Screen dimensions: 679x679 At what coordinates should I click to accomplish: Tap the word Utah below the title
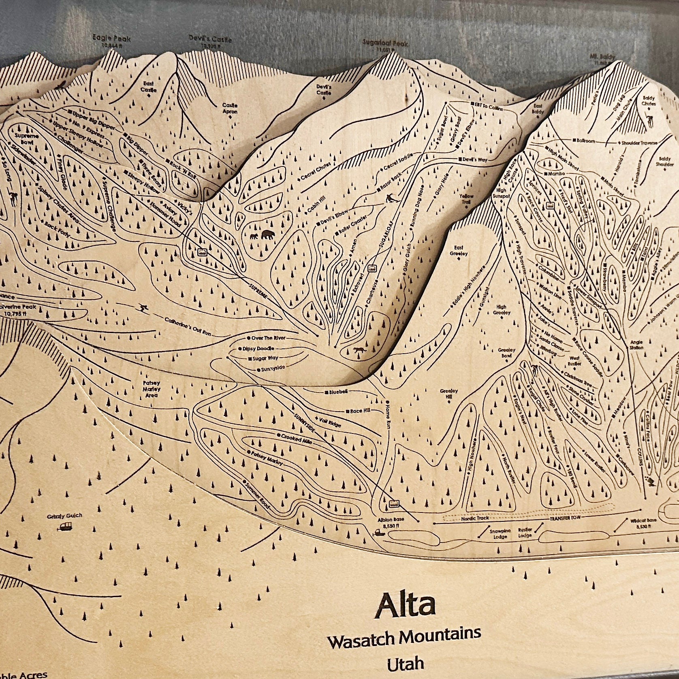tap(405, 664)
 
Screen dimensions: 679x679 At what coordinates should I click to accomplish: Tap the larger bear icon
tap(267, 235)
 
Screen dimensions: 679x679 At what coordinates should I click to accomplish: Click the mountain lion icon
tap(359, 350)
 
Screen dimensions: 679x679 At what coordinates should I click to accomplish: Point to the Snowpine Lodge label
tap(500, 534)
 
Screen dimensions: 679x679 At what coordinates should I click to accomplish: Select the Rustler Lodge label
tap(525, 532)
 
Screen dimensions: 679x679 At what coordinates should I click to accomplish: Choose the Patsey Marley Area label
tap(152, 389)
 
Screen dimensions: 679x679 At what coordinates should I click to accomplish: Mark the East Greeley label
tap(459, 250)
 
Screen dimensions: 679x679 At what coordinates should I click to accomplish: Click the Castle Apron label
tap(230, 108)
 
